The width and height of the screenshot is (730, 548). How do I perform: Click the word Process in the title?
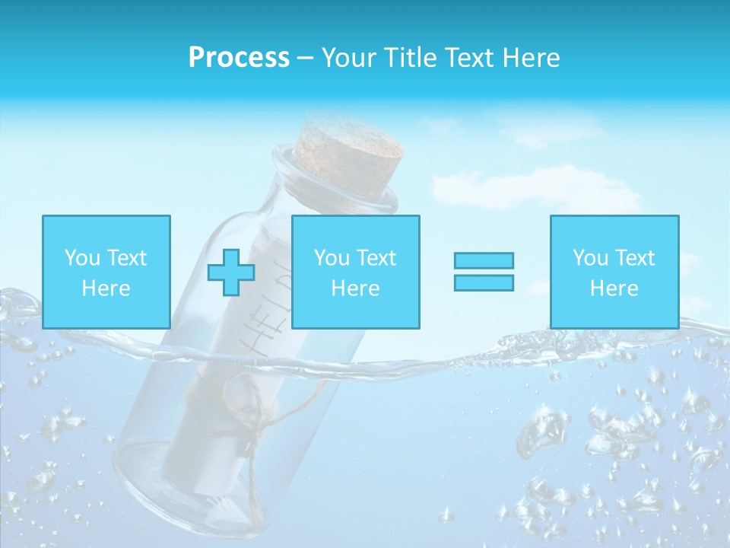(239, 58)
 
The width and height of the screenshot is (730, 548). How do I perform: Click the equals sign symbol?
(484, 272)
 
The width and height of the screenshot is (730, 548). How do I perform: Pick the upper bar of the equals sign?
(484, 260)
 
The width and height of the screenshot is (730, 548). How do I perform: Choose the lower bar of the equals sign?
(484, 282)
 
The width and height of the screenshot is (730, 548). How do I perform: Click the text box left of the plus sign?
(106, 272)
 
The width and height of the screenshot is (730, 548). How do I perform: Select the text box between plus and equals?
(355, 272)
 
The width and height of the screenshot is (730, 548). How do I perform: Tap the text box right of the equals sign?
(614, 272)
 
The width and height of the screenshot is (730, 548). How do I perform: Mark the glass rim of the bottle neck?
(335, 183)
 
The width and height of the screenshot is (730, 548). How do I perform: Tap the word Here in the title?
(529, 58)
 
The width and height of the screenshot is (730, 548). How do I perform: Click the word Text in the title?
(468, 58)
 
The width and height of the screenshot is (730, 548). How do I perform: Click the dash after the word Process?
(305, 59)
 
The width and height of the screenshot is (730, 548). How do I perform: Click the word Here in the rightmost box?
(614, 288)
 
